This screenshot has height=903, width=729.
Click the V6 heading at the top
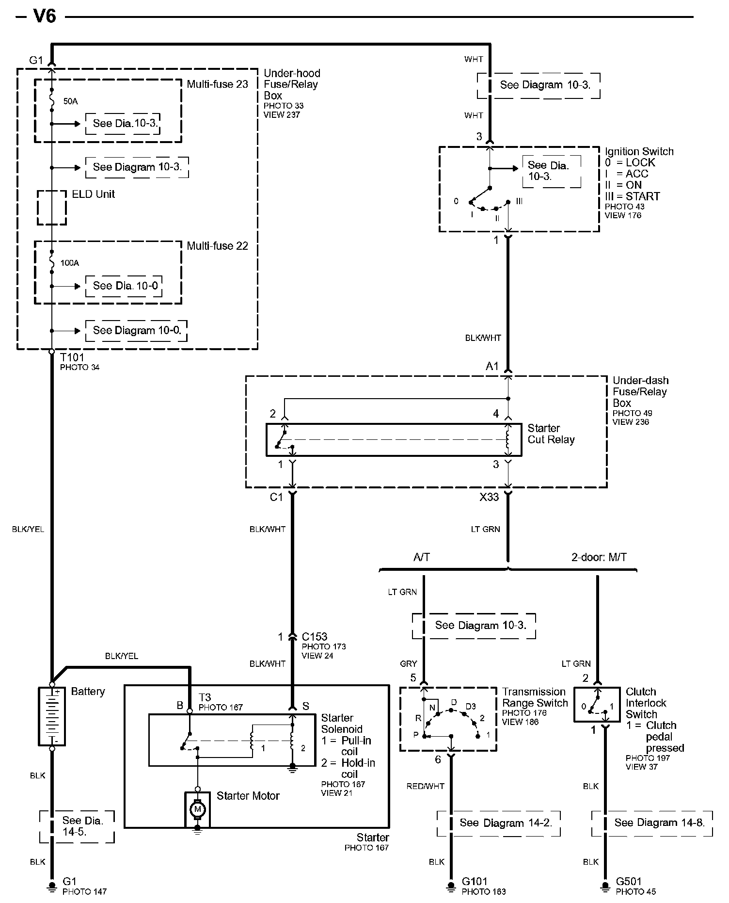(x=45, y=16)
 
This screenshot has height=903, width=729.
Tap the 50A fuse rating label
(x=70, y=101)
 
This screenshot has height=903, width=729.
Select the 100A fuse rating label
(x=70, y=263)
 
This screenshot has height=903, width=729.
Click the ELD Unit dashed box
(x=52, y=208)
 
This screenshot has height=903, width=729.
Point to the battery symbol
(x=52, y=716)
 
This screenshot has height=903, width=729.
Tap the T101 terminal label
(x=72, y=357)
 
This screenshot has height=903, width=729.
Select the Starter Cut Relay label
(x=551, y=434)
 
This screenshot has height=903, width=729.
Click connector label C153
(x=315, y=637)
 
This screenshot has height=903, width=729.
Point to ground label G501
(x=629, y=881)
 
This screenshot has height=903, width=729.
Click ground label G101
(x=475, y=881)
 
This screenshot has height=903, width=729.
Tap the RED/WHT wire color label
(x=426, y=786)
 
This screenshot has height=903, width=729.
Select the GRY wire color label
(x=409, y=664)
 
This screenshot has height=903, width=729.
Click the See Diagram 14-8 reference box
(x=652, y=823)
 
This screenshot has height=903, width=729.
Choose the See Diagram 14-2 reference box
(x=498, y=823)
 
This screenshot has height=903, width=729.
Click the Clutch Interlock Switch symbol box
(x=597, y=705)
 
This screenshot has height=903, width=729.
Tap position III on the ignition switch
(x=519, y=201)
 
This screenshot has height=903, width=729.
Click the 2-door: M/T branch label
(x=599, y=558)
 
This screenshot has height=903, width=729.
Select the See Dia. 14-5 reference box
(x=77, y=827)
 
